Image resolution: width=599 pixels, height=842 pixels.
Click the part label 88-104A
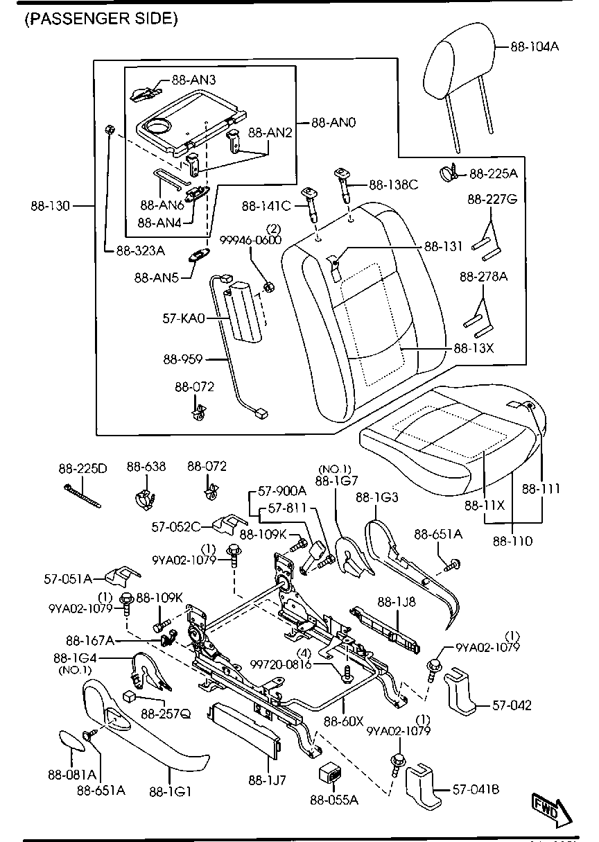point(535,46)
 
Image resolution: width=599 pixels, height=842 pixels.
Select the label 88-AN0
point(333,123)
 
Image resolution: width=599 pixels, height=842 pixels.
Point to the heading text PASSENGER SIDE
point(101,19)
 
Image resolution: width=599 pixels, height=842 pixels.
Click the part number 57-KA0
point(184,319)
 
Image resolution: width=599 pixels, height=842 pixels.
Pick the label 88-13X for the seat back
point(474,349)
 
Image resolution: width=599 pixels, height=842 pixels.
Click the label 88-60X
point(344,721)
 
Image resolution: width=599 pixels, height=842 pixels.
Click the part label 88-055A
point(334,800)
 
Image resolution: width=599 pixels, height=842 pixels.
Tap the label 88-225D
point(82,468)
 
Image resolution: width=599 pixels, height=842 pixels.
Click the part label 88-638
point(146,467)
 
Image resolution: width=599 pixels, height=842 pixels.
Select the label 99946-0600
point(250,240)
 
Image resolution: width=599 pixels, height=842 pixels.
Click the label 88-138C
point(393,184)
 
